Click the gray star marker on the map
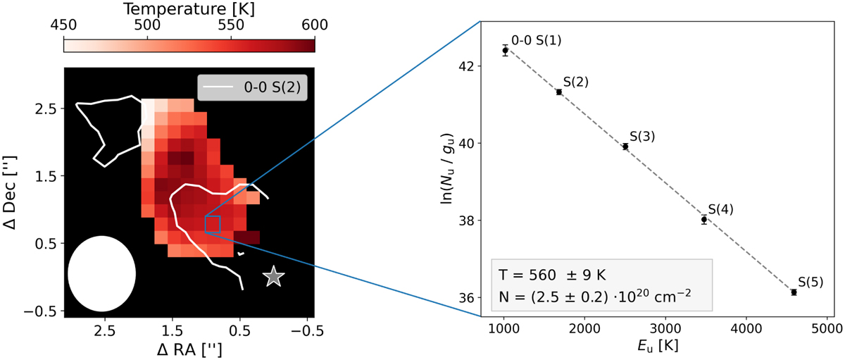click(273, 276)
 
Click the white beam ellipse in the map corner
click(101, 273)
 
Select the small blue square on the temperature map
click(213, 224)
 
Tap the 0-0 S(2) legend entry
click(252, 87)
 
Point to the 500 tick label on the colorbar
click(147, 25)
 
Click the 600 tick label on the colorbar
click(315, 25)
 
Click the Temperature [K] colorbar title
click(189, 9)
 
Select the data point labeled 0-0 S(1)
click(505, 50)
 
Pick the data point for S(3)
click(625, 147)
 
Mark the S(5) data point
click(794, 292)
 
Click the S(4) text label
click(720, 209)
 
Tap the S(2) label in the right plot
click(576, 82)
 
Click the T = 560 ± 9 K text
click(552, 275)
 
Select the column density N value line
click(595, 297)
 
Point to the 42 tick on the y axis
click(465, 66)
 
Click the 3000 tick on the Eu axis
click(665, 329)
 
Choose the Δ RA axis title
click(189, 350)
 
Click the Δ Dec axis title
click(9, 192)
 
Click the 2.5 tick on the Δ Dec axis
click(45, 109)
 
